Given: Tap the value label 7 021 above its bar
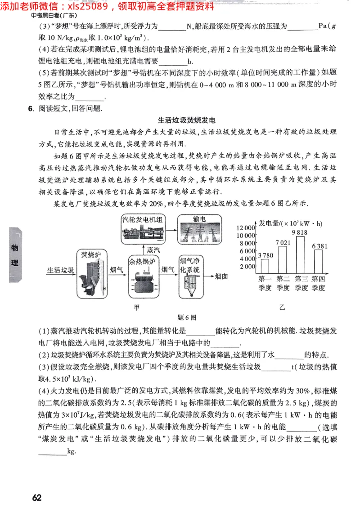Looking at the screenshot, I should point(283,243).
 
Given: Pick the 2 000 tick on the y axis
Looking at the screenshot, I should point(247,267).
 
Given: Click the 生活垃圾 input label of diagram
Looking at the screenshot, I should point(61,270).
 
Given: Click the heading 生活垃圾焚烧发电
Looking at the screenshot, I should point(187,120).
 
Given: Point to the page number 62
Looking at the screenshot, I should point(37,498).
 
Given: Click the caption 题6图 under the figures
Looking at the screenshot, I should point(187,317).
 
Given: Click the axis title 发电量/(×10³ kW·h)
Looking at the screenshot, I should point(291,223).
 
